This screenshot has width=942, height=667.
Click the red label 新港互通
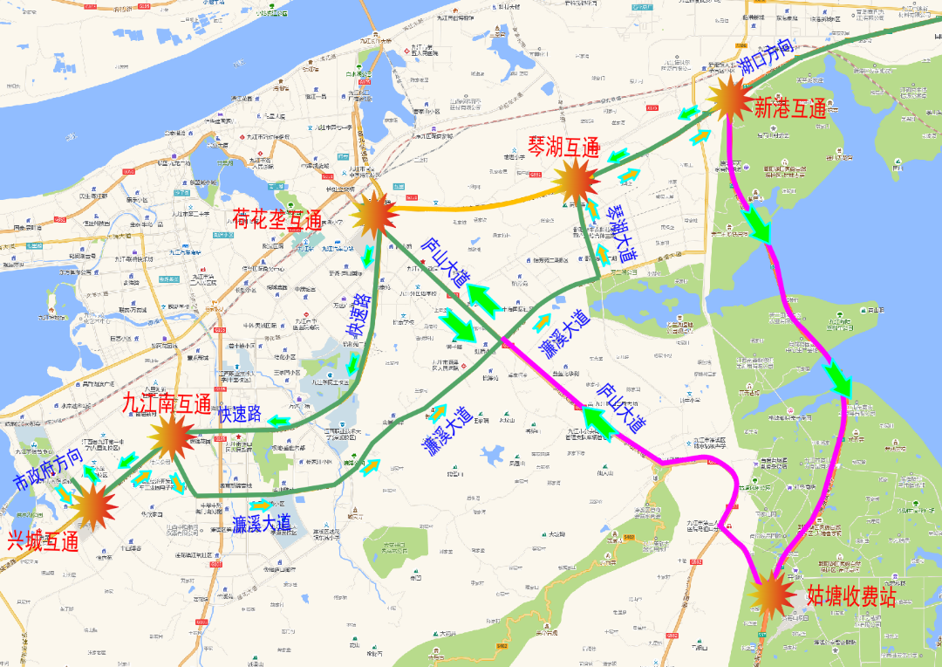pyautogui.click(x=790, y=109)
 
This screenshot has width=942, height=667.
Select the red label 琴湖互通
pyautogui.click(x=563, y=147)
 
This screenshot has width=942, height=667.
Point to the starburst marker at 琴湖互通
pyautogui.click(x=576, y=182)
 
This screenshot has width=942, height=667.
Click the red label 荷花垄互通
pyautogui.click(x=277, y=217)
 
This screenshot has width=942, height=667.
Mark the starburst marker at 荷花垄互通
pyautogui.click(x=375, y=214)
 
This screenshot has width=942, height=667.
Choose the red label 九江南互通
pyautogui.click(x=167, y=404)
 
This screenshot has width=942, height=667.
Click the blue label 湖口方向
pyautogui.click(x=767, y=60)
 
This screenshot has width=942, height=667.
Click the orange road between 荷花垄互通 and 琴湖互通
pyautogui.click(x=471, y=206)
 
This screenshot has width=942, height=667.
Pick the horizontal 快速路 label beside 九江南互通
pyautogui.click(x=240, y=415)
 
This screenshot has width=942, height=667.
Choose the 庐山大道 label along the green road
pyautogui.click(x=446, y=261)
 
